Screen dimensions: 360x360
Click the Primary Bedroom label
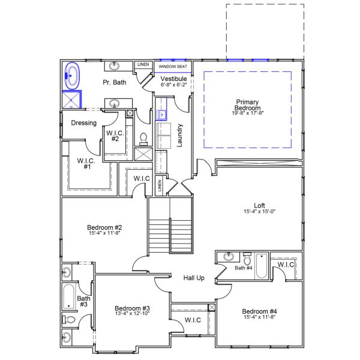click(x=247, y=104)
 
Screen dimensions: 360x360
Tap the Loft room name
click(x=259, y=204)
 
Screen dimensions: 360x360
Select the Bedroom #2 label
click(x=104, y=227)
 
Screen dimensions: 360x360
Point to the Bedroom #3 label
click(x=131, y=308)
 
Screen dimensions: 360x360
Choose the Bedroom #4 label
click(x=259, y=311)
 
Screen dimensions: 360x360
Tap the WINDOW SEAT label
click(x=173, y=67)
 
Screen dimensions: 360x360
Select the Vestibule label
click(x=174, y=79)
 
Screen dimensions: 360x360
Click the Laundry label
click(x=179, y=136)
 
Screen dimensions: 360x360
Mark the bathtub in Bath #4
click(x=262, y=267)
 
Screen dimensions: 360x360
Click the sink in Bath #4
click(x=229, y=257)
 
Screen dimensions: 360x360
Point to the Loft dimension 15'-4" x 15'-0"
click(x=259, y=211)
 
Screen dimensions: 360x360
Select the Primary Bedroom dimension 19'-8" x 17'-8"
click(x=247, y=113)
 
